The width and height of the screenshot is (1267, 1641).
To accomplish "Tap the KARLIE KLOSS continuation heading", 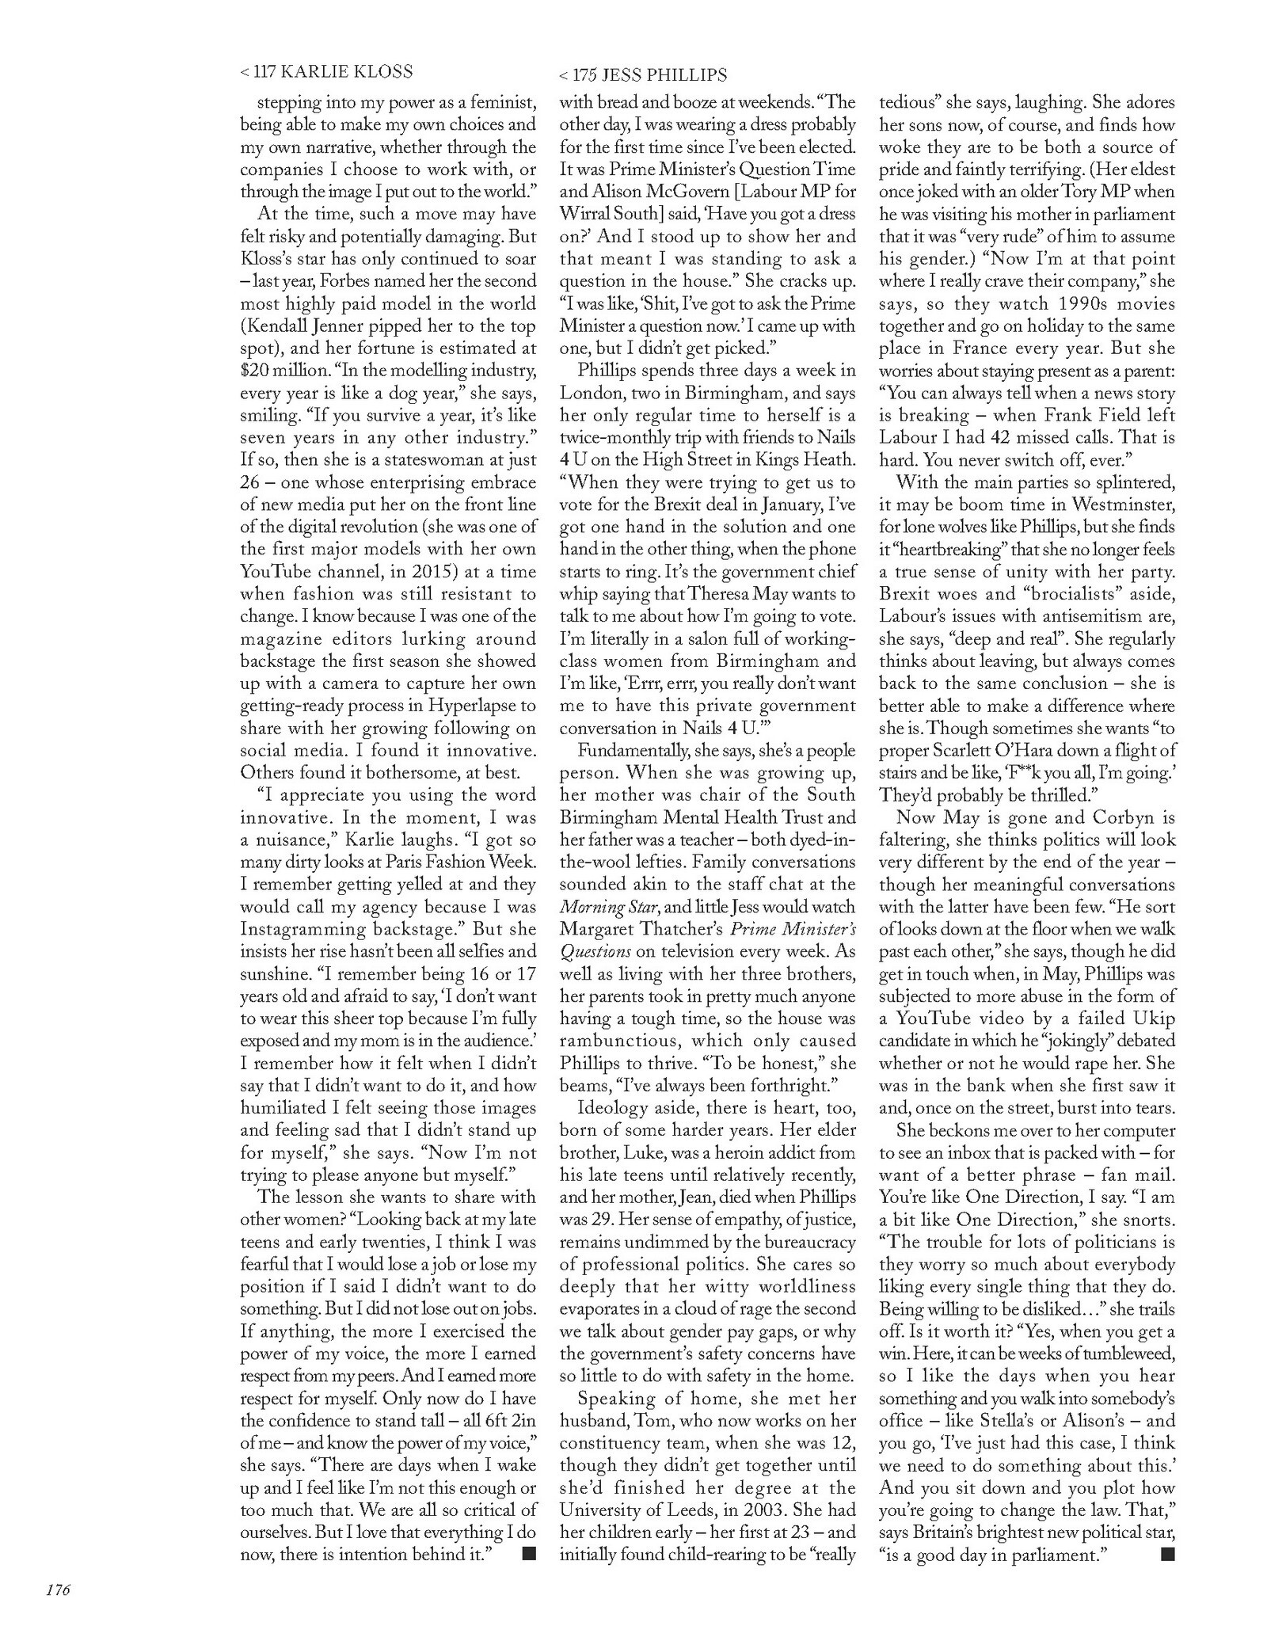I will coord(326,72).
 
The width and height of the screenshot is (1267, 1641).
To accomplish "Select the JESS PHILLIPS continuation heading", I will coord(642,76).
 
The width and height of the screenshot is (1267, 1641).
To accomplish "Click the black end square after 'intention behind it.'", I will coord(529,1553).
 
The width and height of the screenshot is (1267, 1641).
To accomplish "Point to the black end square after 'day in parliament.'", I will coord(1166,1554).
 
